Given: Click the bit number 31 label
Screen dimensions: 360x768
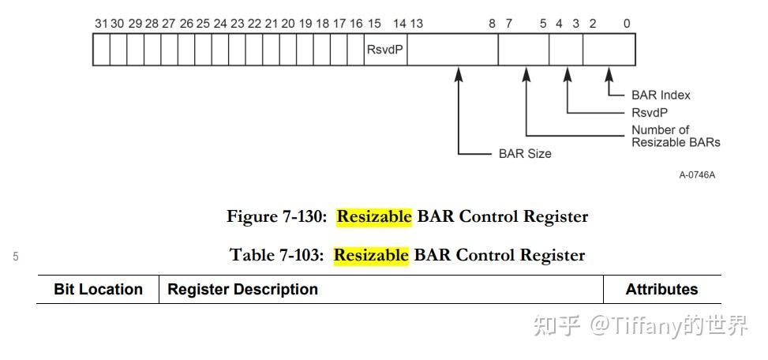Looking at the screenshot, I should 99,24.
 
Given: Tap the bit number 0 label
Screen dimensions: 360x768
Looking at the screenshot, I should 627,24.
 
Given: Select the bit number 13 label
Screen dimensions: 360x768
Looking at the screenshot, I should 417,24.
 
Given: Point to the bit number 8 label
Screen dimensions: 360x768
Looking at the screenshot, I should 492,24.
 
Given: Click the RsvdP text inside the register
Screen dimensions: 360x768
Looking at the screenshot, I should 385,49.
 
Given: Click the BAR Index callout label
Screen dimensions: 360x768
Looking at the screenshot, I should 661,95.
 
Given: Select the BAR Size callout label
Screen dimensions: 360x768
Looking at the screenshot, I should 525,154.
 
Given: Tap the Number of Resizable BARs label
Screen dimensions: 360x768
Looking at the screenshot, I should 675,136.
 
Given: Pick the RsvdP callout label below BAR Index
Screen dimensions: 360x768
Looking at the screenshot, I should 650,112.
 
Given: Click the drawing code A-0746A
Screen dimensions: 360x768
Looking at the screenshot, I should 697,174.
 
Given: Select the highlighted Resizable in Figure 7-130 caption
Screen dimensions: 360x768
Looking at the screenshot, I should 374,216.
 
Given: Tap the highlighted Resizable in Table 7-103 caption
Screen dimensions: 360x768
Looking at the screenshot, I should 371,255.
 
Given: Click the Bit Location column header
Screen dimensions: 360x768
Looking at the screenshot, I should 98,290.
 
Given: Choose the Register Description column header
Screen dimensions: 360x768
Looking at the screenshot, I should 243,290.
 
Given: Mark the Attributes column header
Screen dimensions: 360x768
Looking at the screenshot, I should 661,290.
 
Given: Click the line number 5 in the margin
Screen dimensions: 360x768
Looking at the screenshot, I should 16,256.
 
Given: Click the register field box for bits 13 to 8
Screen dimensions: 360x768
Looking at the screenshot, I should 452,49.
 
